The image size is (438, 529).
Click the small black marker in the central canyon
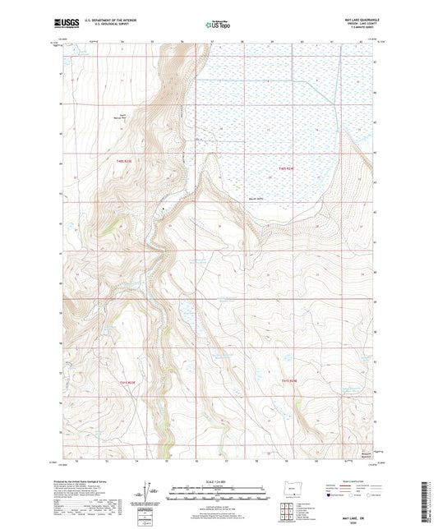[163, 209]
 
